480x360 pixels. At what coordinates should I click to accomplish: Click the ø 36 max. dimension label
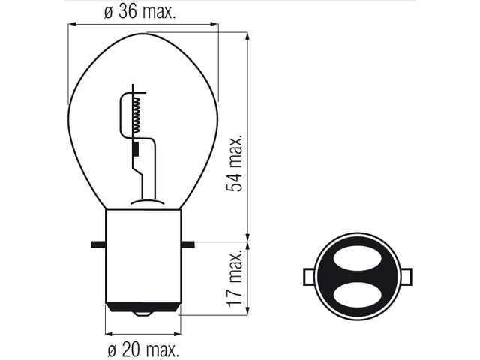(x=140, y=12)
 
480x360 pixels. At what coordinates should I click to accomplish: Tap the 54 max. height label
(x=234, y=163)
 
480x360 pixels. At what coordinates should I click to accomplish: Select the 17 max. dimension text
(x=234, y=278)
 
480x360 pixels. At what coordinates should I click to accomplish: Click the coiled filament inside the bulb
(x=138, y=115)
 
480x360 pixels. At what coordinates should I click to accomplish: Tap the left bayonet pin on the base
(x=98, y=244)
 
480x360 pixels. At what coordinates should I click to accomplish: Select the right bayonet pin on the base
(x=187, y=244)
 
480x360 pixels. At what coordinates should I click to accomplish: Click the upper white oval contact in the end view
(x=357, y=259)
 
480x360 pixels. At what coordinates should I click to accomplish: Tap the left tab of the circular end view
(x=308, y=277)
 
